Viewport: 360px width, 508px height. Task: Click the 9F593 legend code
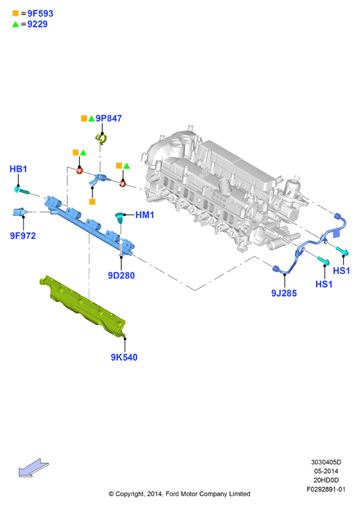coord(40,14)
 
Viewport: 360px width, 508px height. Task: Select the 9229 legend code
coord(37,24)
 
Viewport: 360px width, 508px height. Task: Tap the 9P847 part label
coord(109,118)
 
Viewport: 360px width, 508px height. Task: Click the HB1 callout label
coord(18,169)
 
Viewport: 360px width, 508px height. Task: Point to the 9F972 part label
coord(23,236)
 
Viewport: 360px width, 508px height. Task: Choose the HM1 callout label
coord(145,215)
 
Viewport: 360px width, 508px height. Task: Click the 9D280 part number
coord(121,276)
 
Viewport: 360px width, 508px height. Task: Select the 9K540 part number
coord(125,357)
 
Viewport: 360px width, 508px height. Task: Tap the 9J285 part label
coord(284,293)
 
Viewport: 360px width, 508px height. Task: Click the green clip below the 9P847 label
coord(102,139)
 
